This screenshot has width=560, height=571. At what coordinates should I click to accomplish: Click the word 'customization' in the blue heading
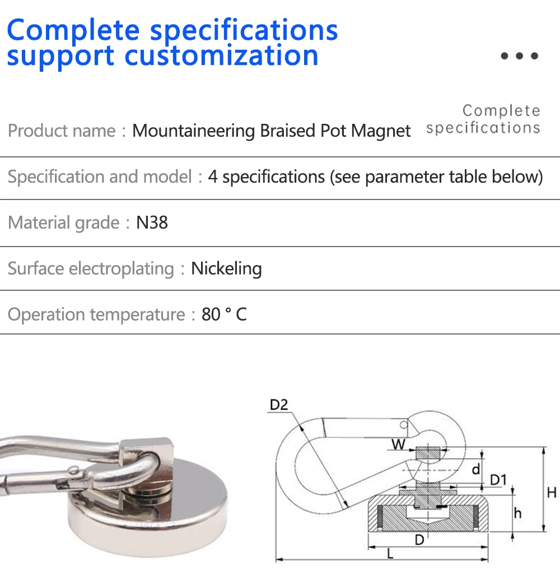(x=222, y=55)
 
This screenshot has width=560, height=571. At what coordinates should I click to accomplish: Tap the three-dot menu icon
(x=519, y=56)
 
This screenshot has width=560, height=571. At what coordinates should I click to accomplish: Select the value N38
(x=152, y=222)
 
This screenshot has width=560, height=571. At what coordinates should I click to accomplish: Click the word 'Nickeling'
(x=226, y=268)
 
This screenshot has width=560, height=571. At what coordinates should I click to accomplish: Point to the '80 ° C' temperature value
(x=224, y=314)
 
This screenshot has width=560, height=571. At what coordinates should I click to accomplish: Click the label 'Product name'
(x=62, y=131)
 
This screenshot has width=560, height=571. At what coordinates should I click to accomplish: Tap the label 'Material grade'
(x=63, y=222)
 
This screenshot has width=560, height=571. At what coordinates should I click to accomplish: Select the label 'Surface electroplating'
(x=91, y=268)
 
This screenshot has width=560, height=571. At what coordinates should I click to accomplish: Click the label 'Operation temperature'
(x=96, y=314)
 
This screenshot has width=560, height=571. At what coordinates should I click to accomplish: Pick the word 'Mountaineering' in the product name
(x=193, y=131)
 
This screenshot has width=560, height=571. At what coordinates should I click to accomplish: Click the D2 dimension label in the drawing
(x=278, y=405)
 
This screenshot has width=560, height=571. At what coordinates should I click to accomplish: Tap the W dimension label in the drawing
(x=398, y=445)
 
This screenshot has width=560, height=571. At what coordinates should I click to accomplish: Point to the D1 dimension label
(x=498, y=480)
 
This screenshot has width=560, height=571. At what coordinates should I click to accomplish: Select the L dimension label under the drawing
(x=390, y=555)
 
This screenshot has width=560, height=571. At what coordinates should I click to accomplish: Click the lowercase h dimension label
(x=517, y=512)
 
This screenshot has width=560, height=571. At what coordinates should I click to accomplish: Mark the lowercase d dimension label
(x=475, y=468)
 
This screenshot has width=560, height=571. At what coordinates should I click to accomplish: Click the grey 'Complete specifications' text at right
(x=483, y=119)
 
